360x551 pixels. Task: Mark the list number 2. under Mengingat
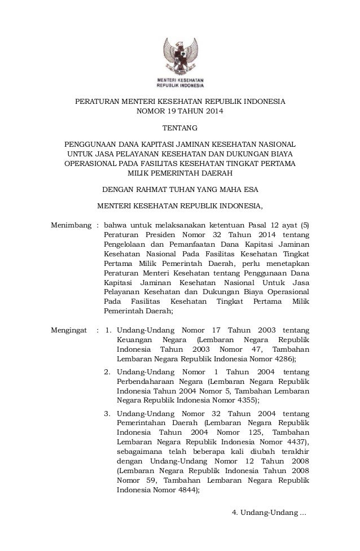pos(107,371)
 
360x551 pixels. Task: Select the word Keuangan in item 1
pos(134,339)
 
